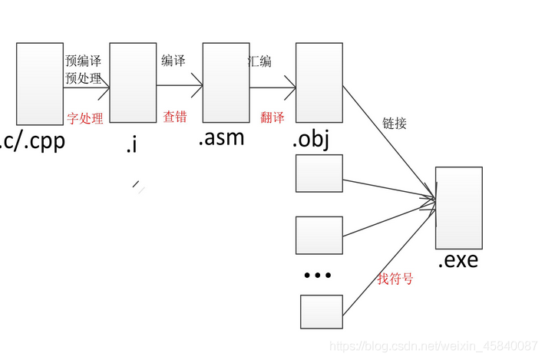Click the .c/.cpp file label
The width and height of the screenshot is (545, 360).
[x=30, y=142]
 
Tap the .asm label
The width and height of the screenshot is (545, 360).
[x=221, y=138]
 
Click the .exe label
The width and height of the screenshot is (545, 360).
[x=457, y=260]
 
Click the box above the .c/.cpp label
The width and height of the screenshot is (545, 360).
[x=39, y=84]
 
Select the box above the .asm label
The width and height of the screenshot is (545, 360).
[x=226, y=82]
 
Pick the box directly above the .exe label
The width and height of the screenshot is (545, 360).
[x=458, y=207]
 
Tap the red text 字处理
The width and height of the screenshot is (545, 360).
[x=84, y=117]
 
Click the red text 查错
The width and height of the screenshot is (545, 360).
[x=174, y=116]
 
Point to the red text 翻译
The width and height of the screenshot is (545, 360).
[x=272, y=116]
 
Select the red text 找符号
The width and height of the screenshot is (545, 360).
[x=395, y=279]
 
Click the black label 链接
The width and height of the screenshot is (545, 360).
[x=395, y=123]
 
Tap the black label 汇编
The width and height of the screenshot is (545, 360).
[x=259, y=61]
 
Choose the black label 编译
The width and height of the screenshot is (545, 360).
[x=173, y=61]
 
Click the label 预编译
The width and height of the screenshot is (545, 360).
[x=83, y=61]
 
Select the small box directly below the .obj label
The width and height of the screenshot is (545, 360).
[x=319, y=173]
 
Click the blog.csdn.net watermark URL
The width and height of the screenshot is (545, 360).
[x=433, y=347]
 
